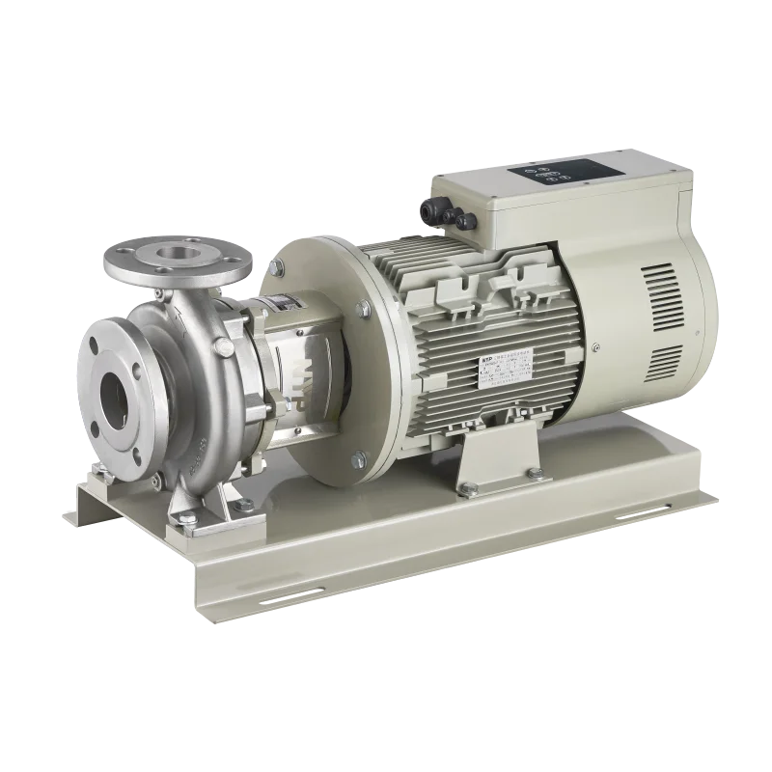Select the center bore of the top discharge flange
coord(176,256)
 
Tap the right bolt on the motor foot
coord(533,472)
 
